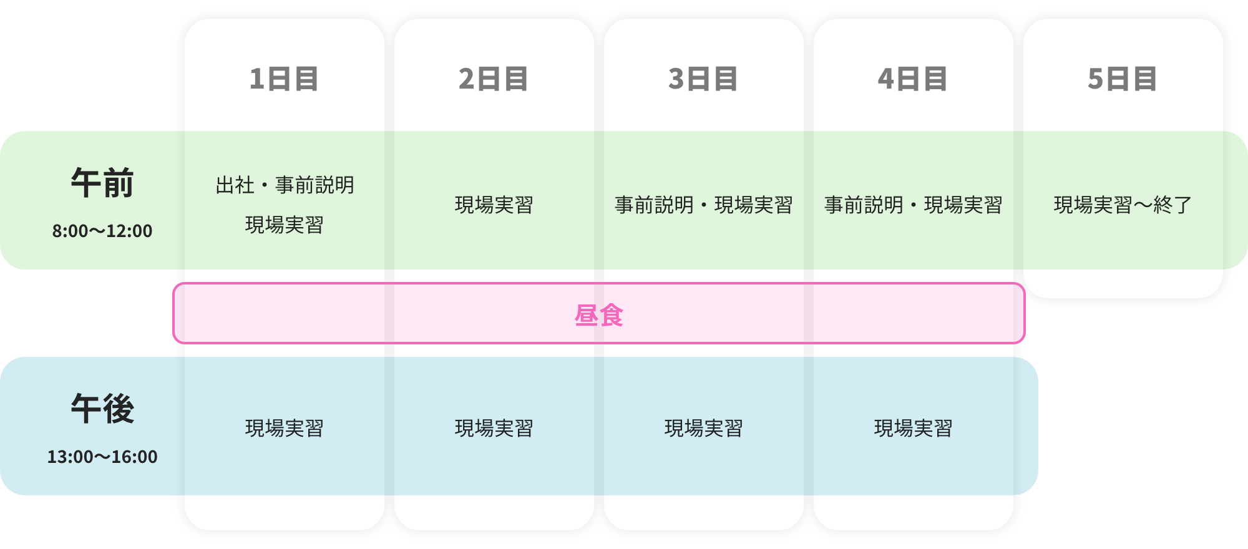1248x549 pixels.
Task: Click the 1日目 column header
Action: tap(284, 79)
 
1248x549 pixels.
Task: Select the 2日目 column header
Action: tap(494, 79)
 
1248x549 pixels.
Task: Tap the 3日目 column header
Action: tap(703, 79)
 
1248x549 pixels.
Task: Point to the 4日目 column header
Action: tap(913, 79)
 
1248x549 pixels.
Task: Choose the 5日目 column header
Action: tap(1123, 79)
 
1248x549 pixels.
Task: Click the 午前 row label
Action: tap(102, 183)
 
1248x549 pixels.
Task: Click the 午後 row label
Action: tap(102, 409)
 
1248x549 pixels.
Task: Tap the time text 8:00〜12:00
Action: tap(102, 231)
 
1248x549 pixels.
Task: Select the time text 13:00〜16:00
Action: tap(102, 457)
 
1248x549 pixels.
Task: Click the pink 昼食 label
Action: tap(598, 315)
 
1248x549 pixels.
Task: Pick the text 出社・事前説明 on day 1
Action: tap(285, 185)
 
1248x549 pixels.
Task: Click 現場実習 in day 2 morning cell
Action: tap(494, 205)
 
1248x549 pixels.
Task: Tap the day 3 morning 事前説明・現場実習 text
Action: tap(703, 205)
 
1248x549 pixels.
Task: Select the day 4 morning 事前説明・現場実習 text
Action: tap(913, 205)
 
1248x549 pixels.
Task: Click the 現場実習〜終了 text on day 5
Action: tap(1123, 205)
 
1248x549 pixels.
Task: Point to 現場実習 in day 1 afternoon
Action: tap(284, 429)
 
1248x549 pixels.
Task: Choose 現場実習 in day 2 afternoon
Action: tap(494, 429)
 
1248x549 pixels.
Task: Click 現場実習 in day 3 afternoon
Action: tap(703, 429)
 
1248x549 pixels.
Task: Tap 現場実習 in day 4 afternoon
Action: tap(913, 429)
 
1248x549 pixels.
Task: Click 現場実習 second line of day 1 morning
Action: tap(284, 225)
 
